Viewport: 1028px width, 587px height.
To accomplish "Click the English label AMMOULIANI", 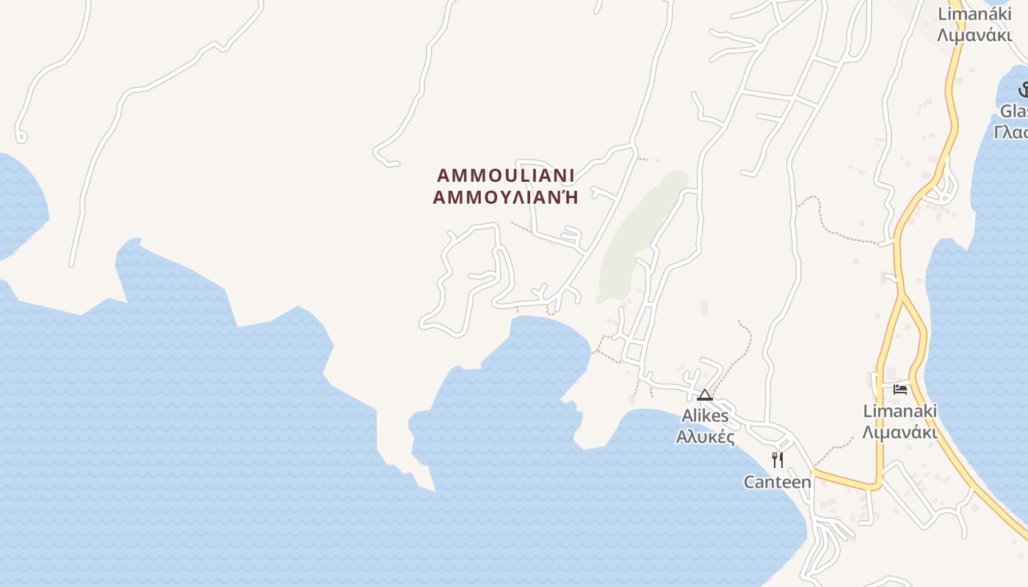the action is [x=505, y=176].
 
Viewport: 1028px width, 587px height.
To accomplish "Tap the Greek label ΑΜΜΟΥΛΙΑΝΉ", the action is [x=505, y=197].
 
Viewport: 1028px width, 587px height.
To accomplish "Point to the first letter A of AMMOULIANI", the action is [x=443, y=176].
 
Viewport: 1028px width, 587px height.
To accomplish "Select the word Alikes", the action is [x=705, y=416].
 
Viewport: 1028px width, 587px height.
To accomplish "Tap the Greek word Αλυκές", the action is [x=705, y=437].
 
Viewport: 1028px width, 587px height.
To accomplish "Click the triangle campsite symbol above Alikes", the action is [x=705, y=395].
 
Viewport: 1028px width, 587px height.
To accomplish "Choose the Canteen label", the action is [x=778, y=482].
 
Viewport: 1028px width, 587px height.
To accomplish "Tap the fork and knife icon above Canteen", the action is [x=778, y=460].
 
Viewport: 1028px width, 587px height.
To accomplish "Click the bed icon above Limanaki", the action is [x=900, y=389].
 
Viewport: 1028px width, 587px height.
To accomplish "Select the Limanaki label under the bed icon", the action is [x=900, y=411].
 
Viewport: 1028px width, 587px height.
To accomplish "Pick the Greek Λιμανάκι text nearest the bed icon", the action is [x=900, y=432].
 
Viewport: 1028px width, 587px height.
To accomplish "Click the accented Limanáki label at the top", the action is [x=974, y=14].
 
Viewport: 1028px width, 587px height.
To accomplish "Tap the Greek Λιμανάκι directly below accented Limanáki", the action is [x=974, y=35].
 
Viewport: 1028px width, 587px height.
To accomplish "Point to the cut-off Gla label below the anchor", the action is [x=1014, y=112].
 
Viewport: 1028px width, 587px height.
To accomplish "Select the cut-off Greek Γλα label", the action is [x=1011, y=133].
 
